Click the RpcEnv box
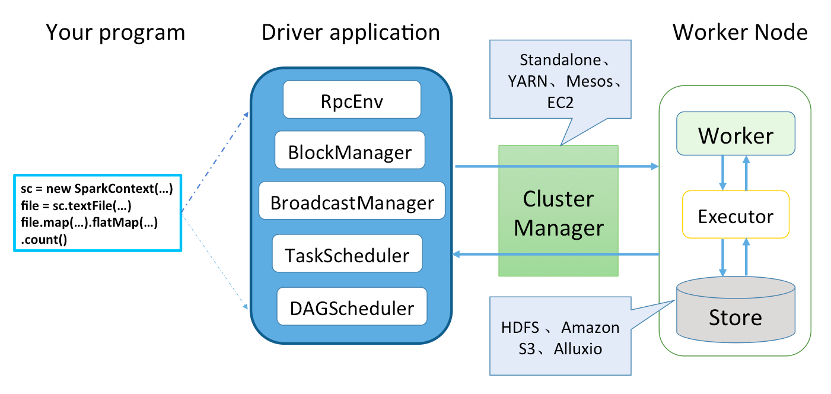352,100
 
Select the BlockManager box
350,150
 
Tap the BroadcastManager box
352,201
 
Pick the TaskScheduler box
347,253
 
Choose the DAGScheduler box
352,306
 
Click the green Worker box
736,134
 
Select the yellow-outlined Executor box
736,214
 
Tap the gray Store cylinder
736,309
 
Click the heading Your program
116,33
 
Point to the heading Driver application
351,32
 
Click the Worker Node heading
740,32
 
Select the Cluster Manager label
559,213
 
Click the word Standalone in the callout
560,60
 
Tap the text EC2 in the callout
560,103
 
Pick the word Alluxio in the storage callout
578,349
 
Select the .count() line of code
44,240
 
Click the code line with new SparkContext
97,189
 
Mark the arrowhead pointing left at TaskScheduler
456,254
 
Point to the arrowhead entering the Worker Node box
655,166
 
